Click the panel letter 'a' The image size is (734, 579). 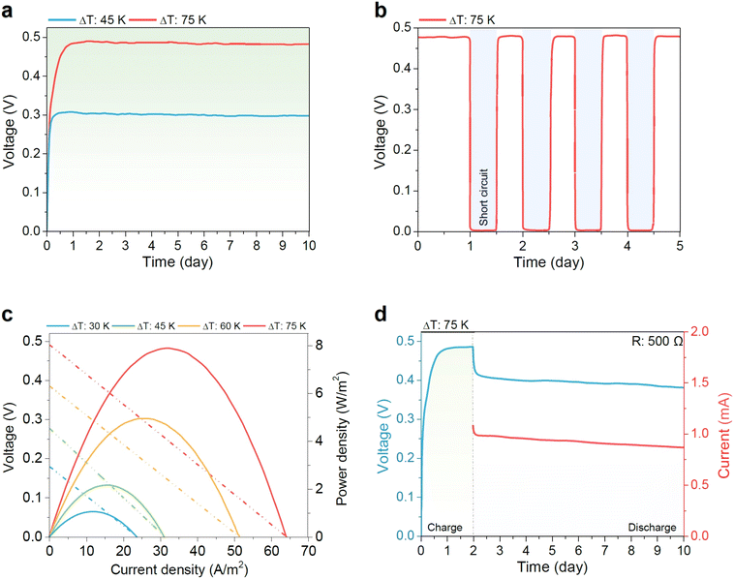7,11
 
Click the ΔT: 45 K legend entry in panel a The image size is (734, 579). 87,20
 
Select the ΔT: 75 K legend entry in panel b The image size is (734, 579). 457,20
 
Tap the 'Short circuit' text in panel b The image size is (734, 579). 483,198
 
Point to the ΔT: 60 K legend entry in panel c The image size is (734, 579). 221,325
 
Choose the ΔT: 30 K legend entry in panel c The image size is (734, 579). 77,325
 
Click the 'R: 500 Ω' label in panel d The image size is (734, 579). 657,341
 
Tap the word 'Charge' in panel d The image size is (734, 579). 444,528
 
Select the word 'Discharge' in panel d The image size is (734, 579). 652,528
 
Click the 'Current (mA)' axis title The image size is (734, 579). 723,436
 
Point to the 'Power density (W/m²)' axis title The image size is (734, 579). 342,439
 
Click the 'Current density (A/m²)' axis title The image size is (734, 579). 179,568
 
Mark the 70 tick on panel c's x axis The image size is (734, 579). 309,551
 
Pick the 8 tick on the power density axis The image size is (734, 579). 320,345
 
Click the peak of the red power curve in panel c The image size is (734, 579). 167,348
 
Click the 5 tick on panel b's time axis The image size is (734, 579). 680,246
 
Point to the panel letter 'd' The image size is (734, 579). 382,315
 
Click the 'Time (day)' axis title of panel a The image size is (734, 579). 177,262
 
